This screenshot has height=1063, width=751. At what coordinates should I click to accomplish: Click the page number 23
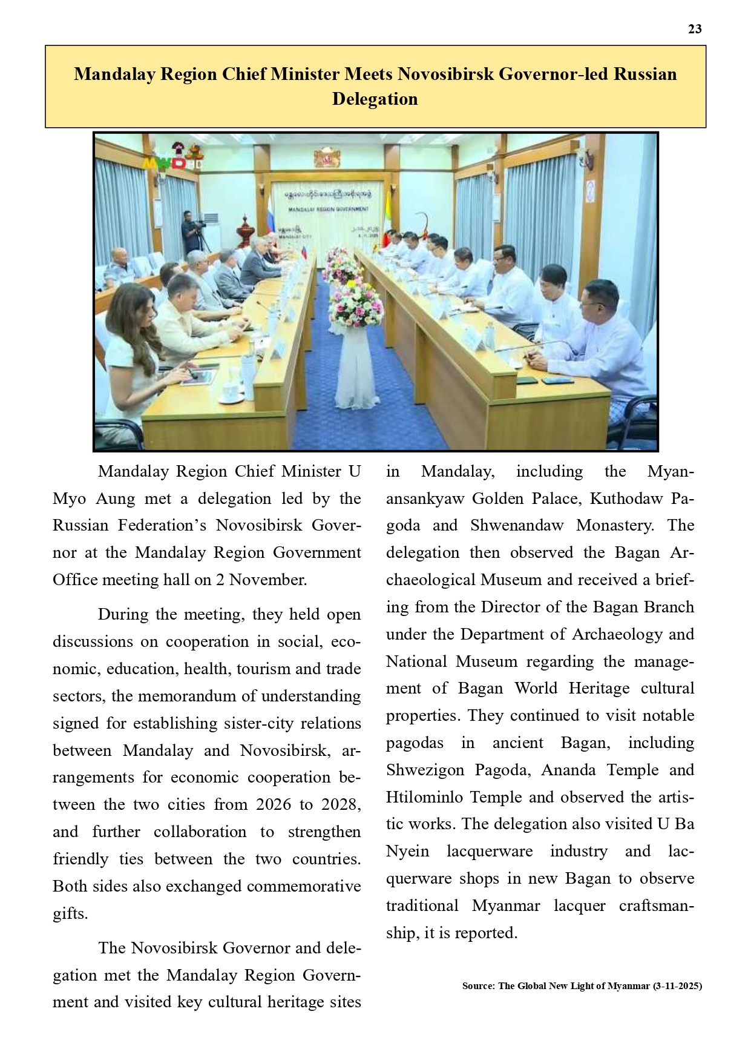[x=695, y=29]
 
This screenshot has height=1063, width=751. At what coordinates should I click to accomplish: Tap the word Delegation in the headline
[x=375, y=99]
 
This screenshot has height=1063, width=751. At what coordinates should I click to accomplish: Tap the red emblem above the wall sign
[x=327, y=159]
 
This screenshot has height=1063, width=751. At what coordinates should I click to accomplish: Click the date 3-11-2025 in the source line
[x=678, y=986]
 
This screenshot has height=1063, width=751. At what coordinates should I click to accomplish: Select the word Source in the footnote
[x=477, y=986]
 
